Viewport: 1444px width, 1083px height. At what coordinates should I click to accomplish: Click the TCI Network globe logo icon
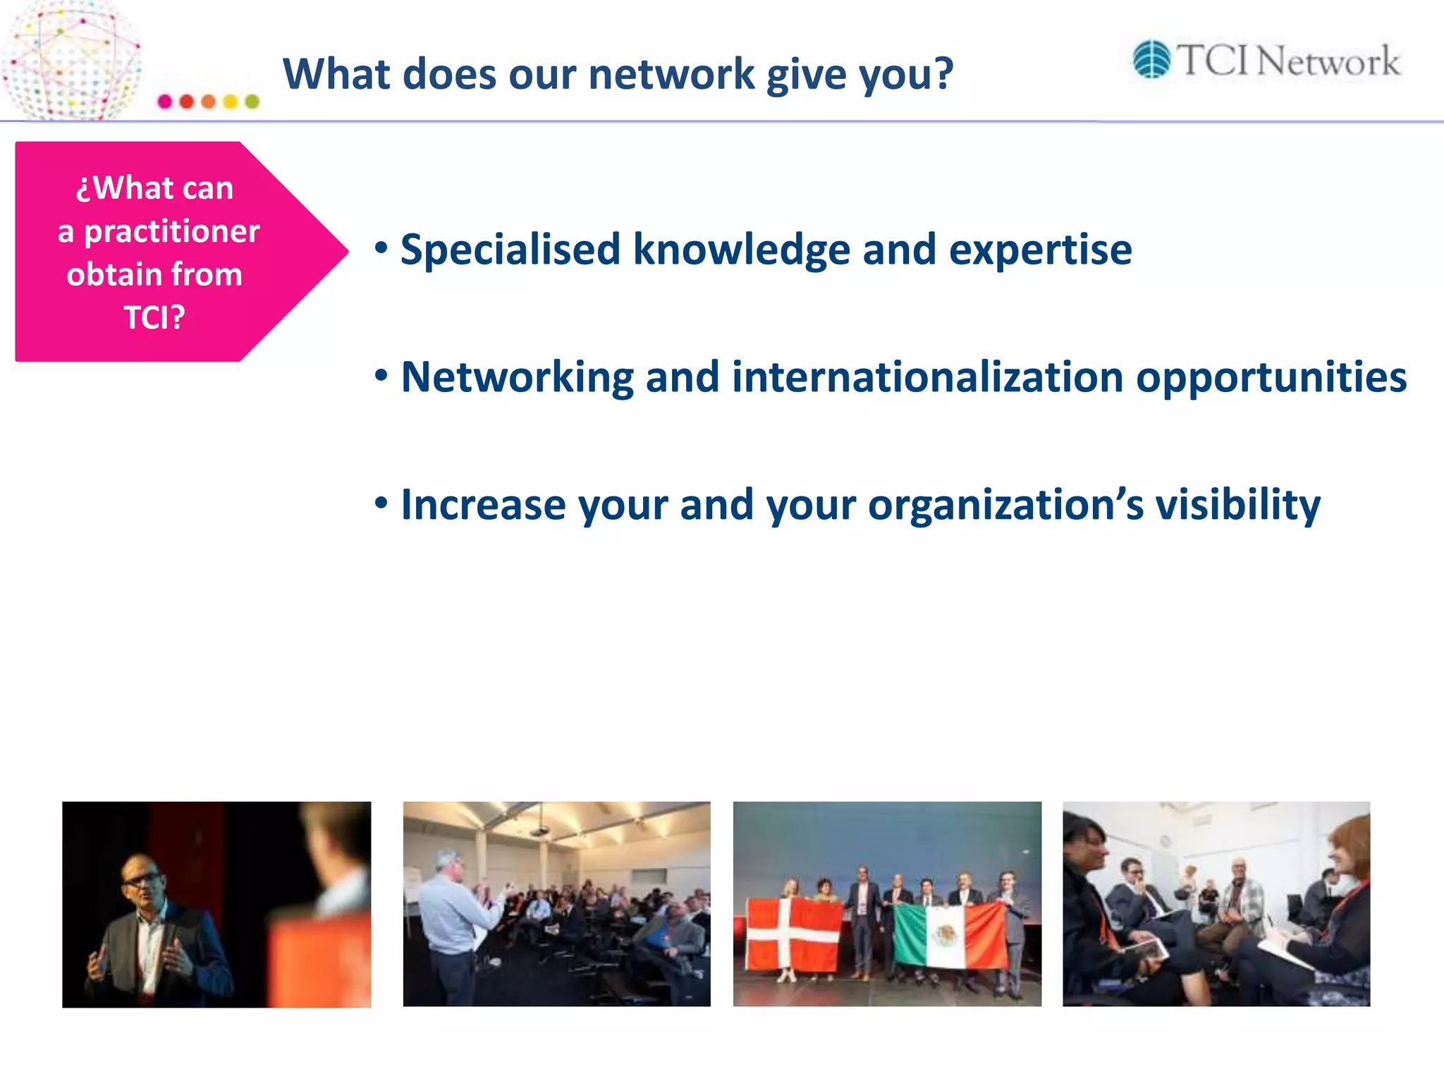(x=1151, y=59)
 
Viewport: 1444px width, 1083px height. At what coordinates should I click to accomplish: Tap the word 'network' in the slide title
(x=671, y=74)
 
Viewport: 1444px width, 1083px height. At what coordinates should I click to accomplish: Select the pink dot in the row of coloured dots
(x=165, y=102)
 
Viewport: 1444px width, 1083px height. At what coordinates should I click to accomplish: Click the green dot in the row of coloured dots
(x=252, y=102)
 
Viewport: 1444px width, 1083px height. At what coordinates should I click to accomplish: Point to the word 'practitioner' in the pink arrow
(x=171, y=231)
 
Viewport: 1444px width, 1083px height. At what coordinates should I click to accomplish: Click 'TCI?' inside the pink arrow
(x=154, y=317)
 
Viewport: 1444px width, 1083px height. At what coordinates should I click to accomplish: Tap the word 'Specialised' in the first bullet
(x=510, y=250)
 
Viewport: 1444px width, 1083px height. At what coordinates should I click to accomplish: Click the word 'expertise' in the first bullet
(x=1040, y=250)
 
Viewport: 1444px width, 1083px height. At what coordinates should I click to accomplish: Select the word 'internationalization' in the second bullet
(x=927, y=377)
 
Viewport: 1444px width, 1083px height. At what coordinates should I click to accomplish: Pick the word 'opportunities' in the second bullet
(x=1271, y=379)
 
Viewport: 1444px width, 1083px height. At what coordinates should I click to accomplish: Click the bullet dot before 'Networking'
(x=381, y=375)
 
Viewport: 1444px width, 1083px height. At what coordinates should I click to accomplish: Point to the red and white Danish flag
(x=794, y=934)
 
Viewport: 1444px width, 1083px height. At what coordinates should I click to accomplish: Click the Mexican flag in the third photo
(x=950, y=935)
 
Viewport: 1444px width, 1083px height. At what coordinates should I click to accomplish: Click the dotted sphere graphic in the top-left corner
(x=71, y=60)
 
